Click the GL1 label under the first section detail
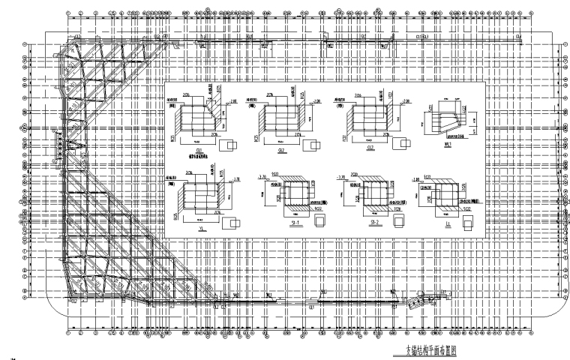200,149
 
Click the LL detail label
447,223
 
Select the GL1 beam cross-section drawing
198,117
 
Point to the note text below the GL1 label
200,154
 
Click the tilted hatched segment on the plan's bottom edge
415,301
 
